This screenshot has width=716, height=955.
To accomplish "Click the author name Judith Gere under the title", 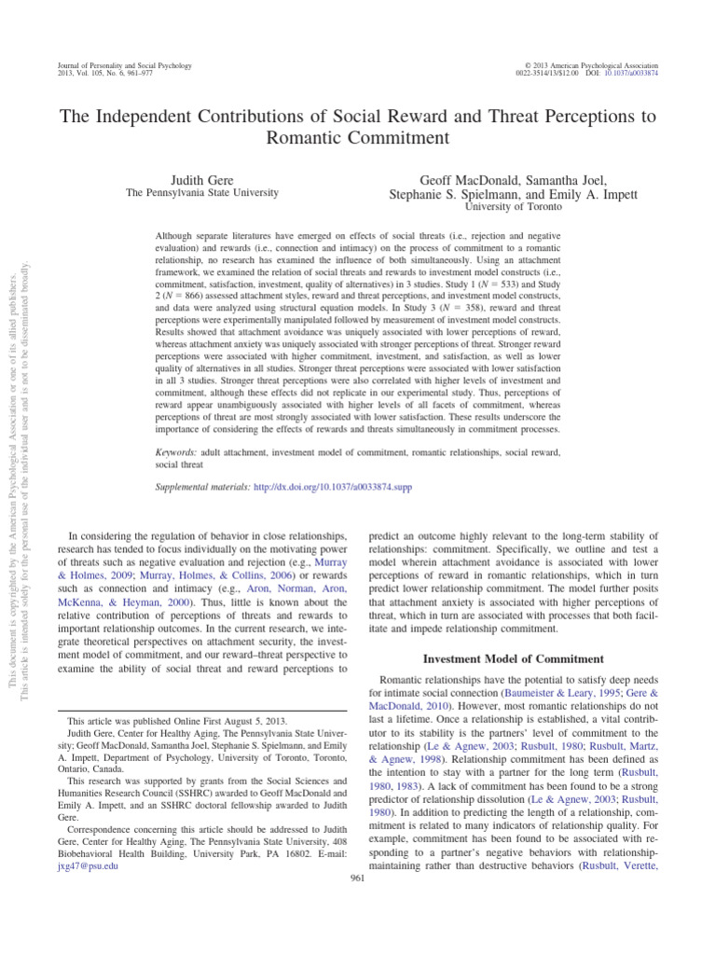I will pyautogui.click(x=202, y=176).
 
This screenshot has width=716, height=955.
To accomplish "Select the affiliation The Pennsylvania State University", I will pyautogui.click(x=202, y=192).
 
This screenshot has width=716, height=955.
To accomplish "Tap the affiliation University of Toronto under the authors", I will pyautogui.click(x=502, y=207).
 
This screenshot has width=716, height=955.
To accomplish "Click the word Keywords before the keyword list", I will pyautogui.click(x=176, y=451).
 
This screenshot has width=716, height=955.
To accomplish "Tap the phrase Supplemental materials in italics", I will pyautogui.click(x=202, y=487).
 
